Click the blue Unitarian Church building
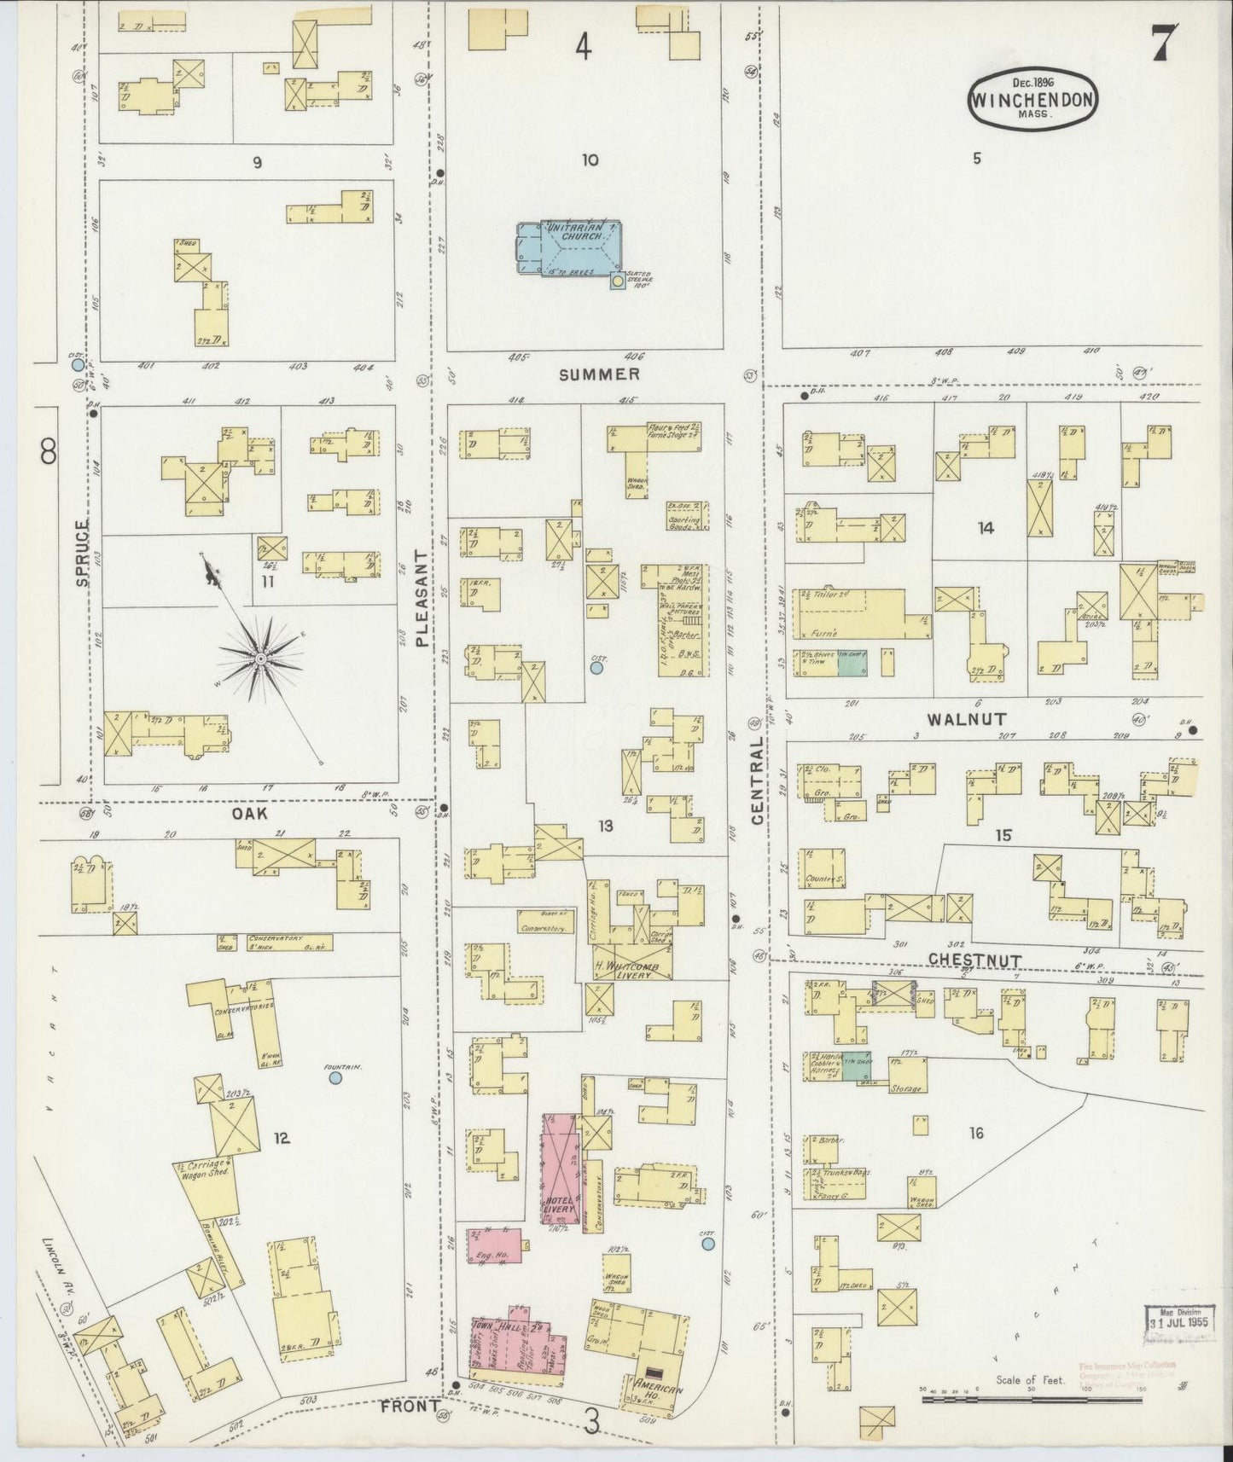pyautogui.click(x=567, y=247)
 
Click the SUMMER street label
pyautogui.click(x=600, y=374)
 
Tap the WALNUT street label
pyautogui.click(x=956, y=719)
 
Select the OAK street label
pyautogui.click(x=250, y=814)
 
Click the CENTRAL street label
pyautogui.click(x=757, y=780)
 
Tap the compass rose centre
pyautogui.click(x=260, y=658)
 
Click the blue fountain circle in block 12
pyautogui.click(x=334, y=1079)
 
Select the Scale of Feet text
pyautogui.click(x=1030, y=1403)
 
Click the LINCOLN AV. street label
pyautogui.click(x=52, y=1279)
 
